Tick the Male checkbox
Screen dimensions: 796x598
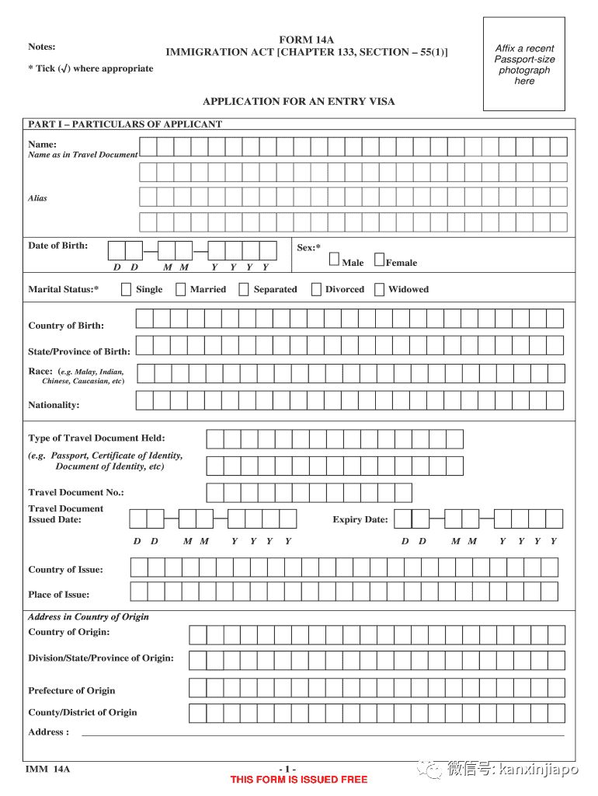pos(334,260)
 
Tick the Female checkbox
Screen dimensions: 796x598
pos(379,260)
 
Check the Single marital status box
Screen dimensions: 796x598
pos(126,289)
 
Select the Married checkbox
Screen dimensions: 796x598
pos(180,289)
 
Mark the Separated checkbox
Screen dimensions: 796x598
pos(244,289)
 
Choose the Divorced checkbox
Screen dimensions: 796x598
pos(316,289)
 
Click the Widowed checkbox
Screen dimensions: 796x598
pos(379,289)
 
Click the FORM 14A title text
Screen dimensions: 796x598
pos(306,40)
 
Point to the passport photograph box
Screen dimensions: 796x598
pos(524,64)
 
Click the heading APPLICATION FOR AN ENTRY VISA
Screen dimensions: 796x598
pos(298,101)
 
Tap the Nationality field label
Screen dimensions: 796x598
pos(54,405)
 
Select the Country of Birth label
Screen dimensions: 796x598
pos(66,326)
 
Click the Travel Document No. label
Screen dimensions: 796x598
pos(76,492)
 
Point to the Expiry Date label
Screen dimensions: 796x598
pos(360,519)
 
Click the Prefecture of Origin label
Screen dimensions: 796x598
pos(71,690)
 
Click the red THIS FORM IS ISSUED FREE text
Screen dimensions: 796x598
pos(299,780)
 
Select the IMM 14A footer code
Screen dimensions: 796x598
pos(47,770)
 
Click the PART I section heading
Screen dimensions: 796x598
pos(125,124)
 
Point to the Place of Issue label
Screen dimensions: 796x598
pos(59,595)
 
